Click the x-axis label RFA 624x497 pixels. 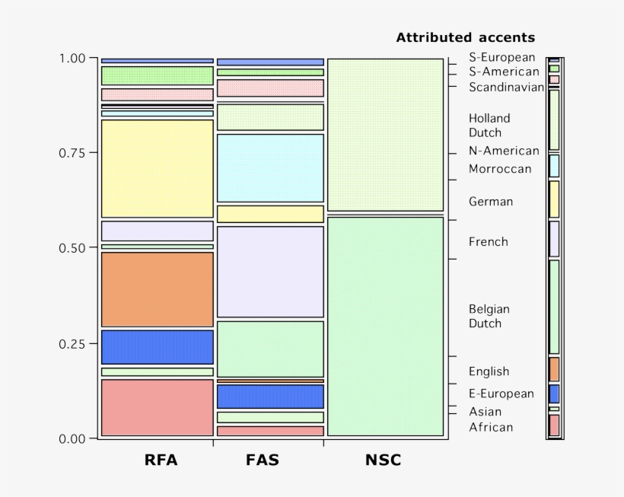coord(161,460)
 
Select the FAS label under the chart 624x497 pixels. coord(263,460)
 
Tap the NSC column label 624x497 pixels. coord(383,460)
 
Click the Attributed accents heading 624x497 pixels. coord(465,37)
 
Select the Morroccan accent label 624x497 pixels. coord(500,169)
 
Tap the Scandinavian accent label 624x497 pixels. coord(506,87)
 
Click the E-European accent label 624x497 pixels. coord(501,393)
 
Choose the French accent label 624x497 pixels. coord(488,242)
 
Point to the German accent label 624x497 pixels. coord(491,202)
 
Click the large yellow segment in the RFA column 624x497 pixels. coord(157,169)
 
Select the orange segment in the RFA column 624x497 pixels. coord(157,289)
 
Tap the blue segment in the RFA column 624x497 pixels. coord(157,347)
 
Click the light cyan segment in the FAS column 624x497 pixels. coord(270,167)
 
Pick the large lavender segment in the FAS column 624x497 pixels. coord(270,272)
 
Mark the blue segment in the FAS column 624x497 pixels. coord(270,397)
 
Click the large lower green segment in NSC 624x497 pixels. coord(385,326)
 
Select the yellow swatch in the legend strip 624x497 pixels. coord(554,199)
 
